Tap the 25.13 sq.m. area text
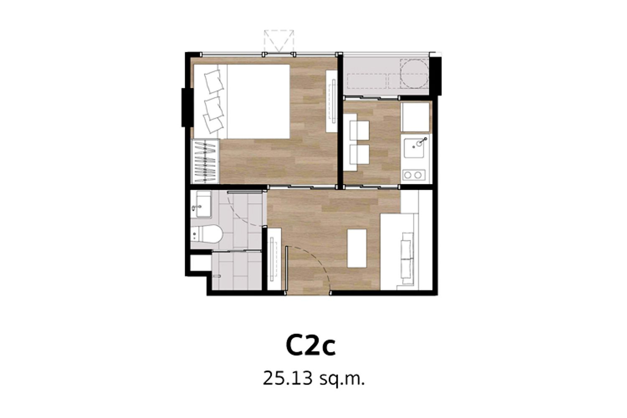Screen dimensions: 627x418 (314, 379)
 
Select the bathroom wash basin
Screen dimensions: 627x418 (201, 204)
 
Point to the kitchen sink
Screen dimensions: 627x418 (416, 148)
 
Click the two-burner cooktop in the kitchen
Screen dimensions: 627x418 (413, 175)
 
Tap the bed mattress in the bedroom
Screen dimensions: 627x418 (258, 102)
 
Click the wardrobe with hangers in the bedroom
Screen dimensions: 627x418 (205, 161)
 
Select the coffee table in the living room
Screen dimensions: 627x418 (357, 248)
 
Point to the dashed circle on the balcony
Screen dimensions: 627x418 (414, 74)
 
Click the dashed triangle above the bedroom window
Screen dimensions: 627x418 (279, 41)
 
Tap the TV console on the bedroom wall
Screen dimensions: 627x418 (332, 101)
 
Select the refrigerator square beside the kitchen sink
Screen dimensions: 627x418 (415, 117)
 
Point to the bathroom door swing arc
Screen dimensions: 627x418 (240, 216)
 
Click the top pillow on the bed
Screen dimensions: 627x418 (214, 82)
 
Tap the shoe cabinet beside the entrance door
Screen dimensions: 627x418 (274, 259)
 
